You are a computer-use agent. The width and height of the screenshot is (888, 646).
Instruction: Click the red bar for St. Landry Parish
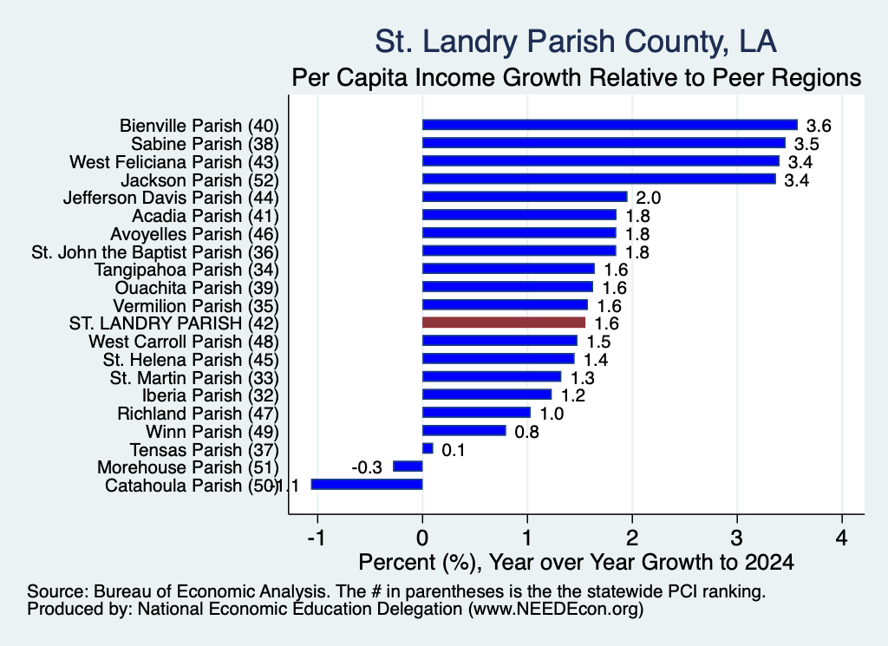coord(504,323)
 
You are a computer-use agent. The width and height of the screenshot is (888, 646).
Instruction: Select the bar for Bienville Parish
coord(610,125)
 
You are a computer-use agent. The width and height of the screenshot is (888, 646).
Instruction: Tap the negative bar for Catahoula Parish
coord(367,485)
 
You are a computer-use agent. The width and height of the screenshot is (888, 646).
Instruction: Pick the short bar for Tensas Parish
coord(428,449)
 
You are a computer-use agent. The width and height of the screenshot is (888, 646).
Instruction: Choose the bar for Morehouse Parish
coord(408,467)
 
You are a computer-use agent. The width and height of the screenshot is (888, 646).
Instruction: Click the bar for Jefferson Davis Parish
coord(525,197)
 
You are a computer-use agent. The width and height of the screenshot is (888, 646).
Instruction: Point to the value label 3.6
coord(819,126)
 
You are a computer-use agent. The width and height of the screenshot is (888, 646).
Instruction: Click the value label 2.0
coord(649,198)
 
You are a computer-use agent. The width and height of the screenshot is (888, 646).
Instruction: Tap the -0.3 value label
coord(367,467)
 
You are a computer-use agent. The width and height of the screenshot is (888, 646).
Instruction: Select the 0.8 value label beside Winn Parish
coord(526,432)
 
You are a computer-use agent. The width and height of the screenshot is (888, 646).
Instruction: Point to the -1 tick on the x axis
coord(317,538)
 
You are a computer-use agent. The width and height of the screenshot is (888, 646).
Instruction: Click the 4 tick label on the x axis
coord(842,538)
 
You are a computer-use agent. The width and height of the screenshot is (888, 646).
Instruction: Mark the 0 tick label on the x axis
coord(422,538)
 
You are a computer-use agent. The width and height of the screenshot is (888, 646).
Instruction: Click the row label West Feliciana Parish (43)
coord(174,162)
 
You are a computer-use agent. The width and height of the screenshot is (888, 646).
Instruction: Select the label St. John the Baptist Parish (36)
coord(155,252)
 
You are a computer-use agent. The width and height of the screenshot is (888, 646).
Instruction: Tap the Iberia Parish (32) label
coord(211,395)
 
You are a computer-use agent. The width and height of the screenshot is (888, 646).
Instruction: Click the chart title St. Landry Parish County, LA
coord(576,42)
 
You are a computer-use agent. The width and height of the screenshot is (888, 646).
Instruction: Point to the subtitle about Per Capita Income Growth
coord(577,77)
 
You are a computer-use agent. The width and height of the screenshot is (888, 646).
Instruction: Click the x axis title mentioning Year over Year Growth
coord(577,562)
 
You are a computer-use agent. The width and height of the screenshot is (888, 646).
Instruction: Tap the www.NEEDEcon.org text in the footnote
coord(556,610)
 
